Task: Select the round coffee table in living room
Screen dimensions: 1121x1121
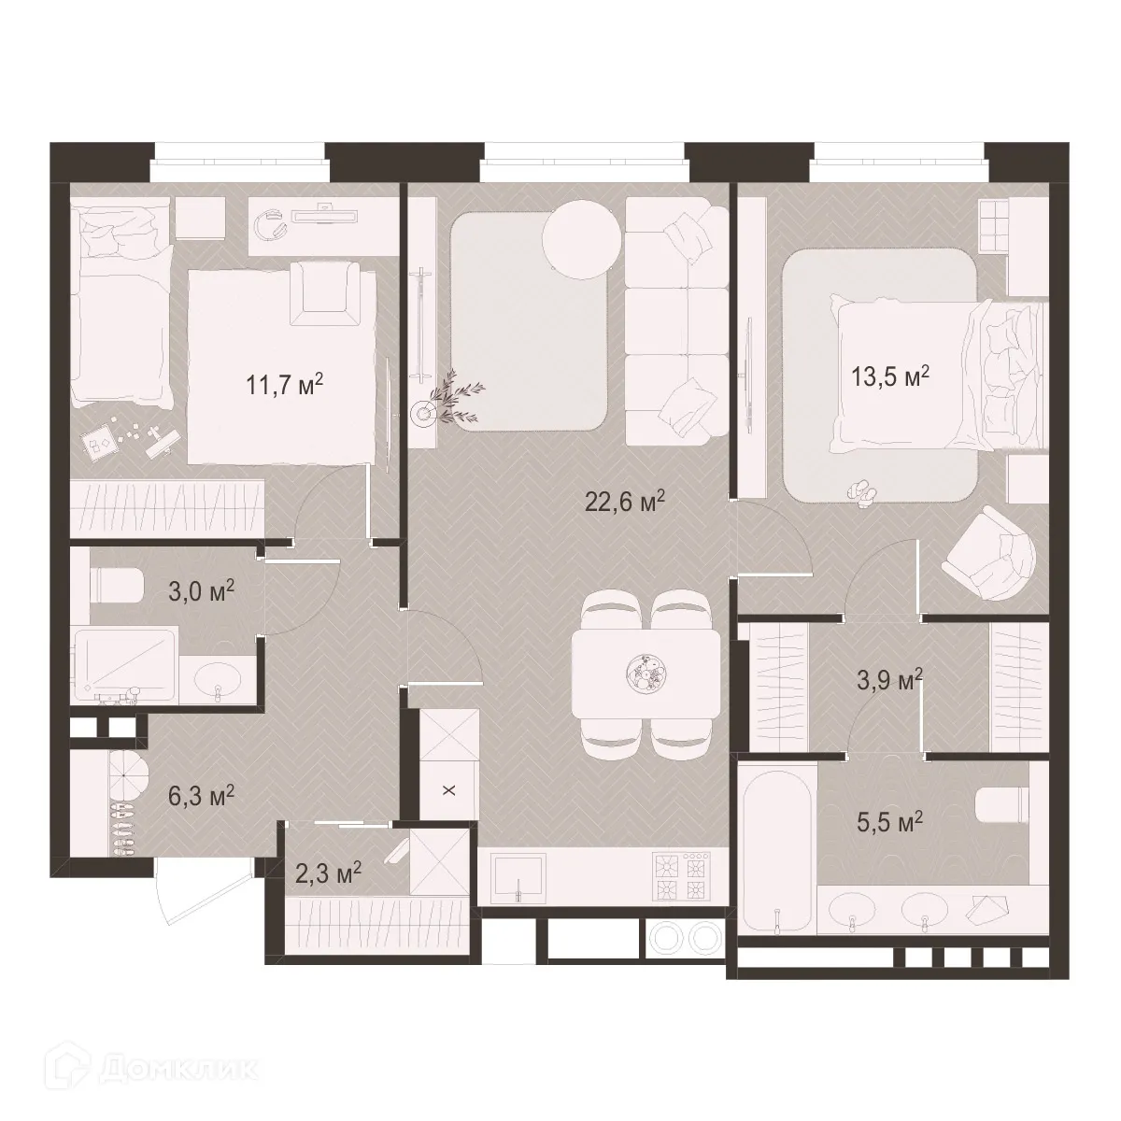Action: tap(581, 240)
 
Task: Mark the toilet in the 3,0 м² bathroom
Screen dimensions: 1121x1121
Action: tap(115, 586)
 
